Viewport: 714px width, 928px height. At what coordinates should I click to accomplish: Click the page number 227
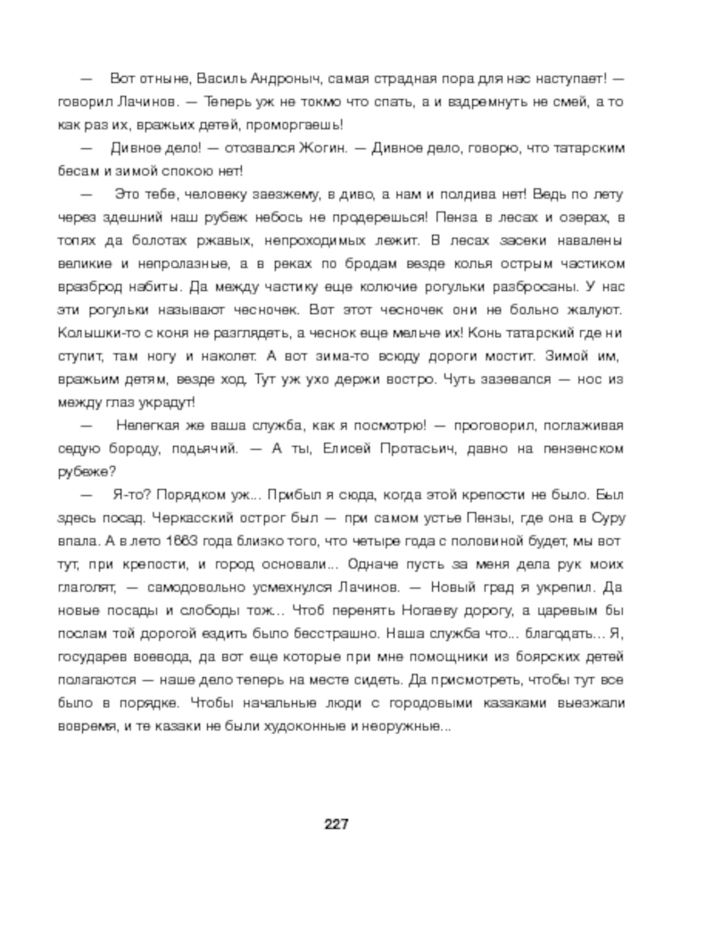[x=336, y=822]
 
